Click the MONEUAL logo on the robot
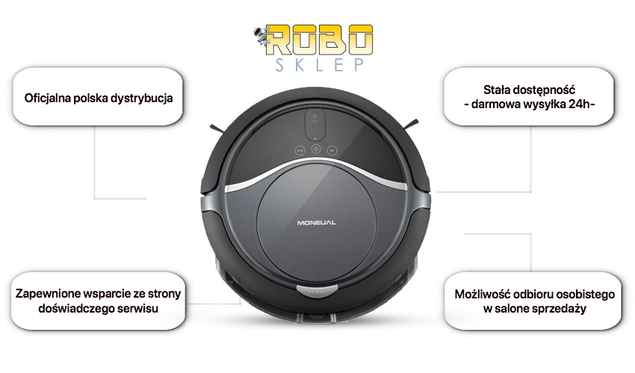tap(316, 222)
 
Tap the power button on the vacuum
tap(316, 149)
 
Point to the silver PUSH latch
tap(317, 289)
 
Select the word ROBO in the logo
tap(320, 40)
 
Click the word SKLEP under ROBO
tap(320, 65)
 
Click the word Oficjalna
tap(47, 98)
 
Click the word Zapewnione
tap(43, 294)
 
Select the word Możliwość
tap(479, 295)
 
